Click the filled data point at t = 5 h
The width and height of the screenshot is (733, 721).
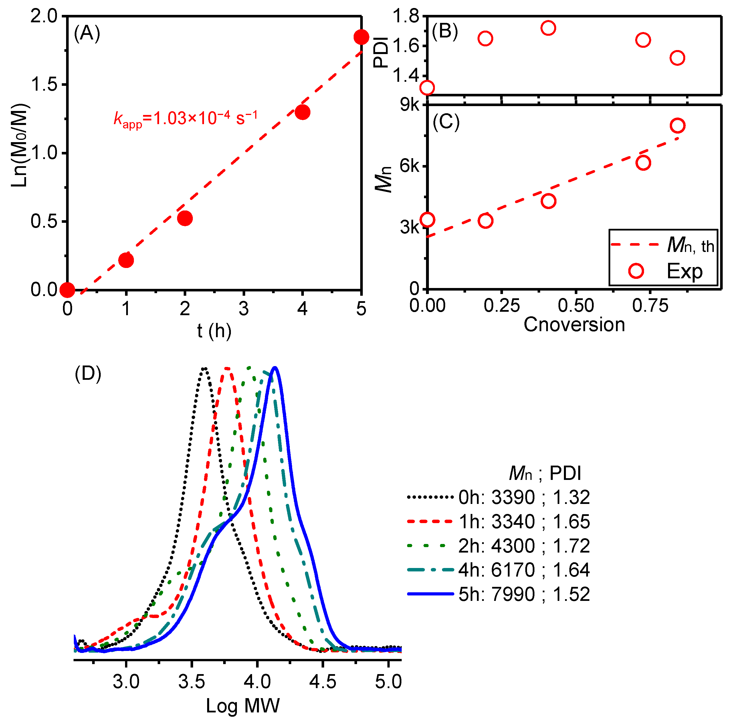[361, 37]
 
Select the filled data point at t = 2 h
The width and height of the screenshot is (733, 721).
[185, 218]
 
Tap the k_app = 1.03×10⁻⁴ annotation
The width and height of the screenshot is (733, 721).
[186, 118]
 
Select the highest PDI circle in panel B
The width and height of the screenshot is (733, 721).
[548, 28]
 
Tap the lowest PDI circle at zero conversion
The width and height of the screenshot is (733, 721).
[427, 88]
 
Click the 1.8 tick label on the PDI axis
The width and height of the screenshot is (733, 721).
[406, 16]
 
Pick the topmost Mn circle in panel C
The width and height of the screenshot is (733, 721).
[677, 125]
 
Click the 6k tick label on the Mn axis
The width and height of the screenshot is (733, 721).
[409, 166]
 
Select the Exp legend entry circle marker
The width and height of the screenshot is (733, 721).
[636, 271]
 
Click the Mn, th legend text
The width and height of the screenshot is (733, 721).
[690, 245]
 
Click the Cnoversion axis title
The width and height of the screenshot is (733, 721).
[574, 325]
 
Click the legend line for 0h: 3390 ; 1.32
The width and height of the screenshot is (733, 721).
[430, 497]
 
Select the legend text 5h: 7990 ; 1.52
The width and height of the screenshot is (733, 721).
[524, 594]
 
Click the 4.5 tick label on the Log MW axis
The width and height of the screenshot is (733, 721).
[322, 682]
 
